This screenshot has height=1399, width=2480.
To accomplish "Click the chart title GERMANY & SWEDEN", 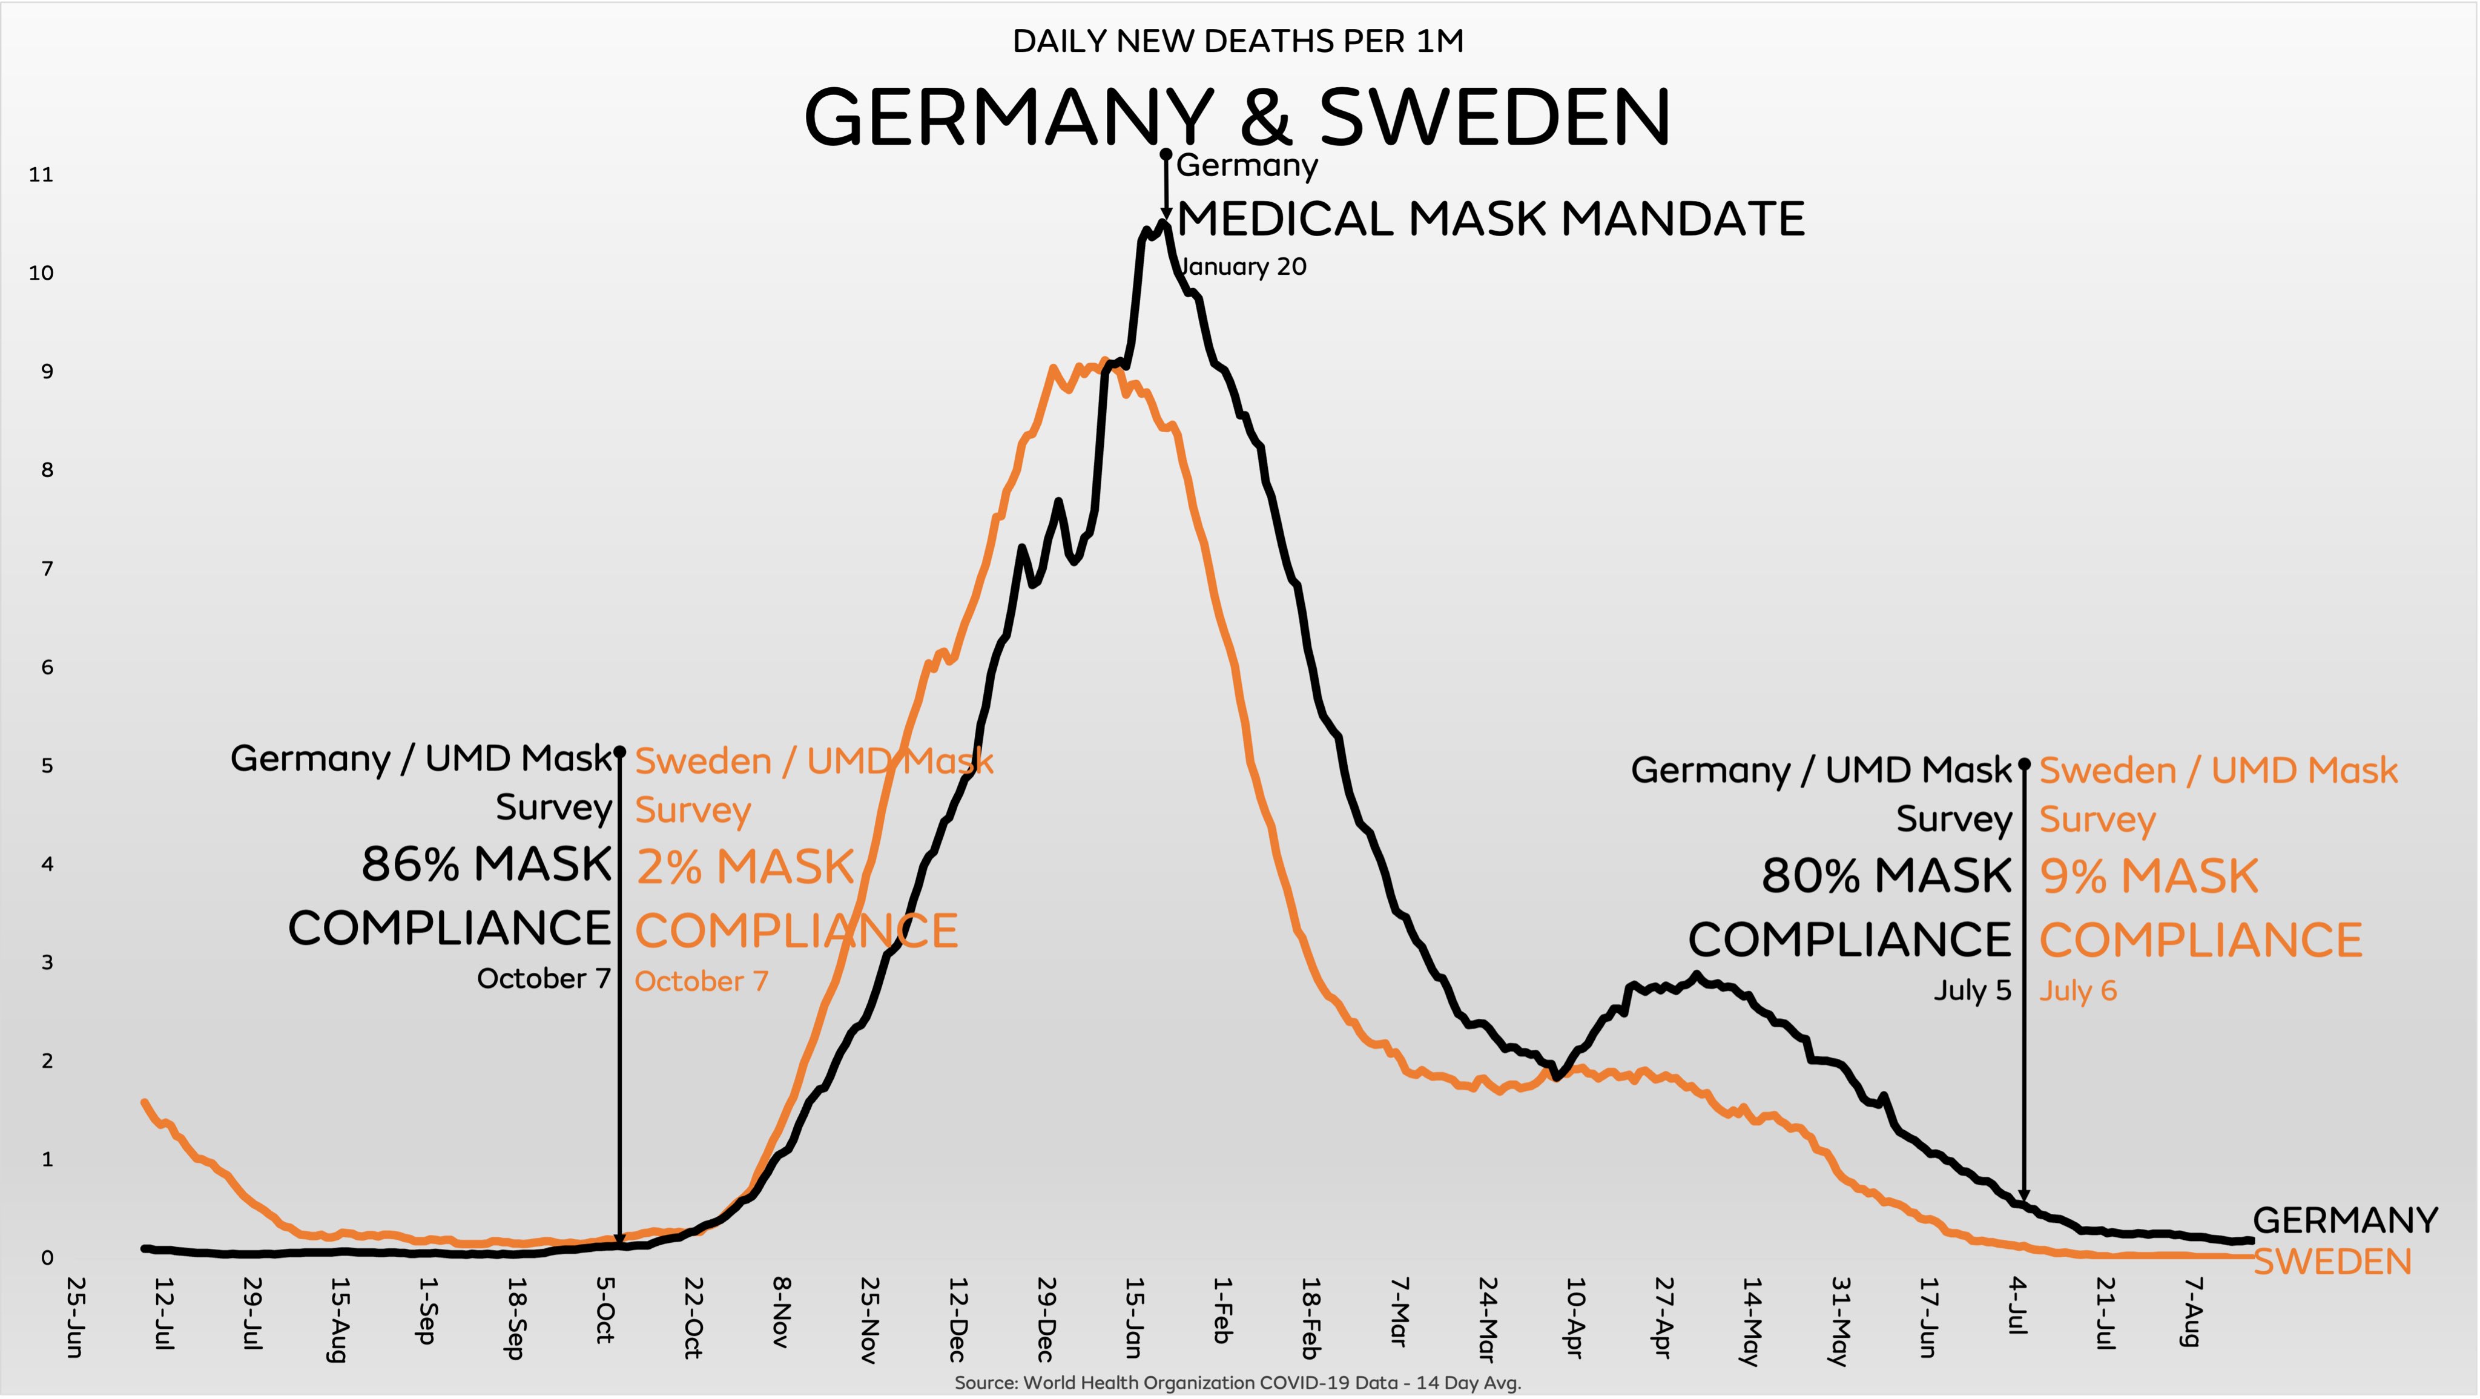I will click(1237, 117).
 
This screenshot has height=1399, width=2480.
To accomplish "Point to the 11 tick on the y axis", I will click(41, 174).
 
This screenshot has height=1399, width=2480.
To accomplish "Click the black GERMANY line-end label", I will click(2345, 1220).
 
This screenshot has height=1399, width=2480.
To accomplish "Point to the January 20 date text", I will click(1243, 267).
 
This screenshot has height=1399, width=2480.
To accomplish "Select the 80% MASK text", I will click(1887, 875).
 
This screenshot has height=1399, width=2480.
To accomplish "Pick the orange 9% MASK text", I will click(2149, 876).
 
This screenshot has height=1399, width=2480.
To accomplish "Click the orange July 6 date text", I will click(2077, 991).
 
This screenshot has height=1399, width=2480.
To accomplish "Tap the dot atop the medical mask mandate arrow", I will click(1166, 154).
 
